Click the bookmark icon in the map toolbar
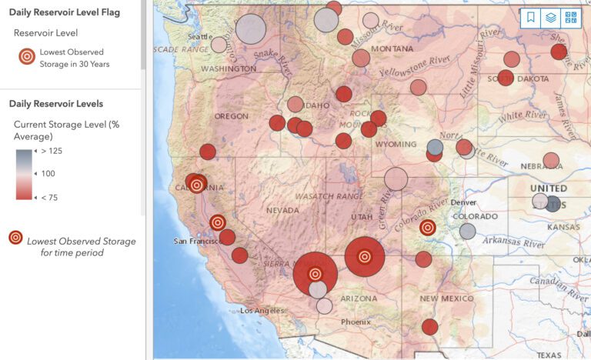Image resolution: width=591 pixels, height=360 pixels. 531,18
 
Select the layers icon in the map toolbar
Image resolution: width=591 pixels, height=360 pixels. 551,18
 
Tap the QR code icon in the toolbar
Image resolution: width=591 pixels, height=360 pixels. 571,18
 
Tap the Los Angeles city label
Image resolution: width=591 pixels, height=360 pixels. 262,311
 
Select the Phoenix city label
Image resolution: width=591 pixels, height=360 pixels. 356,322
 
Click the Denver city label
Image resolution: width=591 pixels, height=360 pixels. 464,202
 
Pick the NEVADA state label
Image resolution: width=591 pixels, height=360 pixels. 282,210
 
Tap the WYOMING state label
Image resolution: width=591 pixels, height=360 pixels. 396,145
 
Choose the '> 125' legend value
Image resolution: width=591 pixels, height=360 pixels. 52,151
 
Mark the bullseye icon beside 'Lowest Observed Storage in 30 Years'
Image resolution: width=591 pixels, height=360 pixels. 27,57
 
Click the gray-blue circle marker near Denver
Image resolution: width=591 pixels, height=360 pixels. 467,231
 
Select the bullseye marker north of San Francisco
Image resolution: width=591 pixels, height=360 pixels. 218,222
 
